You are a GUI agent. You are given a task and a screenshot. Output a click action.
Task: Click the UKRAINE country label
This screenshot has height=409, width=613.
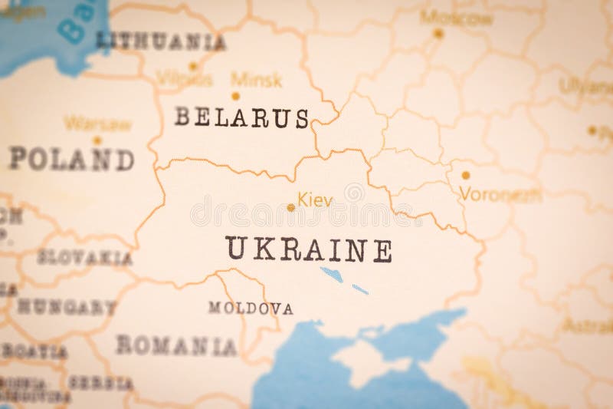tap(309, 249)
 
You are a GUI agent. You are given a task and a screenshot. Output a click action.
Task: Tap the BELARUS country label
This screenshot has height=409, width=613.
tap(241, 117)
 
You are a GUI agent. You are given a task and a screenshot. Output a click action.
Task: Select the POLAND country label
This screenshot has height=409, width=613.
tap(71, 159)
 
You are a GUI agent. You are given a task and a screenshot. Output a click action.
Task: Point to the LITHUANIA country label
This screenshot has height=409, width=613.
tap(161, 41)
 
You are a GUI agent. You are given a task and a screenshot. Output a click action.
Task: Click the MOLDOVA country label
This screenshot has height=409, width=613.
tap(251, 308)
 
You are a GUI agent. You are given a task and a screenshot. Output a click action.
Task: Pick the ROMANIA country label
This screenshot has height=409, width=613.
tap(176, 345)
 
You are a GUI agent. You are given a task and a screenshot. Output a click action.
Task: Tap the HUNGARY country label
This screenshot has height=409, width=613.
tap(67, 307)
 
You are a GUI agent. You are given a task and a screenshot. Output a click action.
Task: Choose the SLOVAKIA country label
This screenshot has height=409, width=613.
tap(84, 258)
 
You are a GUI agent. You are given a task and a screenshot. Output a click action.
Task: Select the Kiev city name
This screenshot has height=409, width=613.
tap(315, 200)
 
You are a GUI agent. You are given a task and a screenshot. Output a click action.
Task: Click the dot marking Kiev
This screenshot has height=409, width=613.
tap(290, 207)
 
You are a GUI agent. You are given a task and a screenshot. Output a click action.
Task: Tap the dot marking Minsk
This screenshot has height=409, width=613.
tap(235, 96)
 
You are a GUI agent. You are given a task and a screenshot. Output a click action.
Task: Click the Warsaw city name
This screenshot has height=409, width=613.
tap(97, 124)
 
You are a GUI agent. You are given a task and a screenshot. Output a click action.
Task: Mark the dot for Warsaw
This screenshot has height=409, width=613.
tap(97, 140)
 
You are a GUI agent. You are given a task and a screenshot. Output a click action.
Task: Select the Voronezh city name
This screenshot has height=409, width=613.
tap(500, 195)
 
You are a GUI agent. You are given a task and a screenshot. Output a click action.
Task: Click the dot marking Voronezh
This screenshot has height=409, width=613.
tap(465, 175)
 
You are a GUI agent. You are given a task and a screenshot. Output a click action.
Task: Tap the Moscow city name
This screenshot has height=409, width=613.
tap(457, 18)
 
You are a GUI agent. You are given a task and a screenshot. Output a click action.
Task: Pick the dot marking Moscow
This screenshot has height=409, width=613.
tap(438, 33)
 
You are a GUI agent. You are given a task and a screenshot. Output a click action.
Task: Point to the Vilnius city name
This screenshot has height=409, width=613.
tap(184, 78)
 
